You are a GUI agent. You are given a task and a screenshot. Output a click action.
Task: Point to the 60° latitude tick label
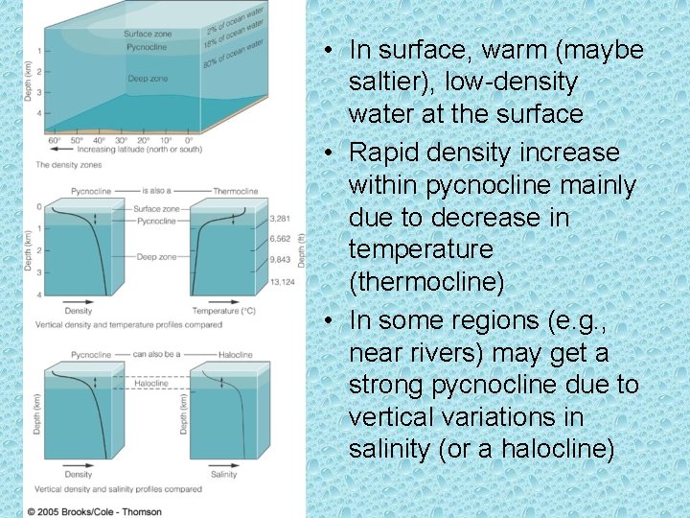point(56,141)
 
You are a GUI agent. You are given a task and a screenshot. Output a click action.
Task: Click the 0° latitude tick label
point(189,141)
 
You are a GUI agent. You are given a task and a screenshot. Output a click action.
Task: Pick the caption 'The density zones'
point(68,165)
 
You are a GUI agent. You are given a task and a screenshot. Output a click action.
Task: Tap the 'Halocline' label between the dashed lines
point(150,383)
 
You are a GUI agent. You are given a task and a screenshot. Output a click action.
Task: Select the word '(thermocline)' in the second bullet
point(408,282)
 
